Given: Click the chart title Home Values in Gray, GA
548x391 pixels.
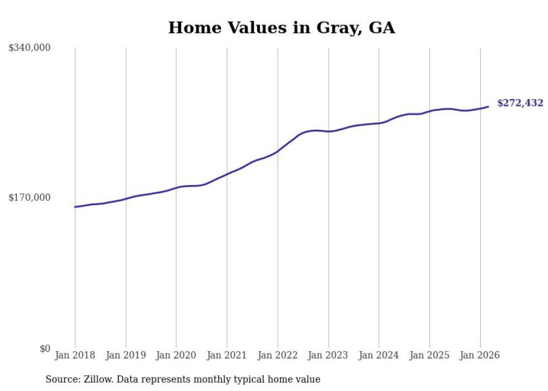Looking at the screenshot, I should (x=281, y=28).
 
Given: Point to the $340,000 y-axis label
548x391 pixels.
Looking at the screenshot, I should (x=30, y=48).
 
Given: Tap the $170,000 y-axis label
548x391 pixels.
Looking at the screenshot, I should (x=30, y=197).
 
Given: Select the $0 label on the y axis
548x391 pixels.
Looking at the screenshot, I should (x=45, y=348).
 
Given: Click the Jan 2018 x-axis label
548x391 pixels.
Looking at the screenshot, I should (x=75, y=355).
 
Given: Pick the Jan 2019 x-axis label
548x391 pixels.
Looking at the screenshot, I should (x=126, y=355).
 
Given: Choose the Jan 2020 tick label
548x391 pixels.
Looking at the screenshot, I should (x=176, y=355).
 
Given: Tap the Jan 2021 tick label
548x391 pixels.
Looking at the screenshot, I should (x=227, y=355).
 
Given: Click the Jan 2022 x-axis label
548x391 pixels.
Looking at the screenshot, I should (x=278, y=355).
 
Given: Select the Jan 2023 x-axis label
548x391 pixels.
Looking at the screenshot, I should (x=328, y=355).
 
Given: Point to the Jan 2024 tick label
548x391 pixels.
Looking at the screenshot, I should (x=379, y=355).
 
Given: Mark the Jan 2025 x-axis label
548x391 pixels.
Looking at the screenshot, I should (x=429, y=355).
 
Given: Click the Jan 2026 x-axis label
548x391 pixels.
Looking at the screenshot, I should (x=480, y=355).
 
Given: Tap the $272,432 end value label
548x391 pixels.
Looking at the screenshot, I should (x=520, y=103).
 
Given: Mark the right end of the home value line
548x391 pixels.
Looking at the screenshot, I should (x=488, y=106).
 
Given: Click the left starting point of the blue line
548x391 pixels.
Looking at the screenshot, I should (x=75, y=207).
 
